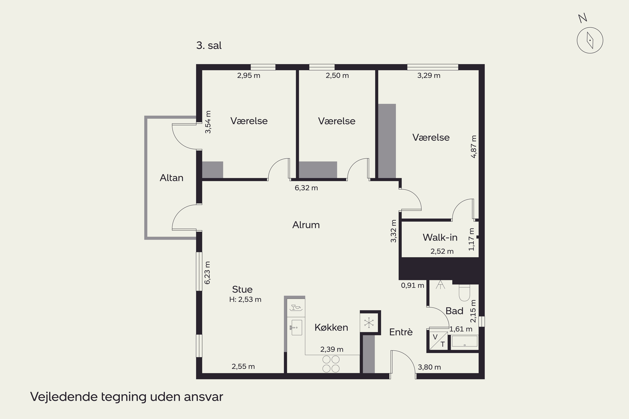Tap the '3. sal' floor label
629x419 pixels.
(x=209, y=45)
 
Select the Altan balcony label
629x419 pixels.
(x=172, y=178)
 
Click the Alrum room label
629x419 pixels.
(x=306, y=225)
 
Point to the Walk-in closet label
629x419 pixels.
(x=440, y=237)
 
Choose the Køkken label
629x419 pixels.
(x=331, y=327)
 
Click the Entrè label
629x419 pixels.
(x=401, y=332)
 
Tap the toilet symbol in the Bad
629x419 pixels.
(x=465, y=293)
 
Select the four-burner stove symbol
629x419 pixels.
(x=331, y=364)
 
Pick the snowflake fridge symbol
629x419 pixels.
(x=369, y=323)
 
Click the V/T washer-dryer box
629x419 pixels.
(x=439, y=341)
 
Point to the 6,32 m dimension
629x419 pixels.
(x=306, y=188)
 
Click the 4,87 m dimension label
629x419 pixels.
(x=474, y=147)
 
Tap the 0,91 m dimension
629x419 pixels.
(x=412, y=285)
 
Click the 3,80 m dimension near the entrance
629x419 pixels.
(x=429, y=367)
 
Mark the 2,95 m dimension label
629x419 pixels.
(x=249, y=76)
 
